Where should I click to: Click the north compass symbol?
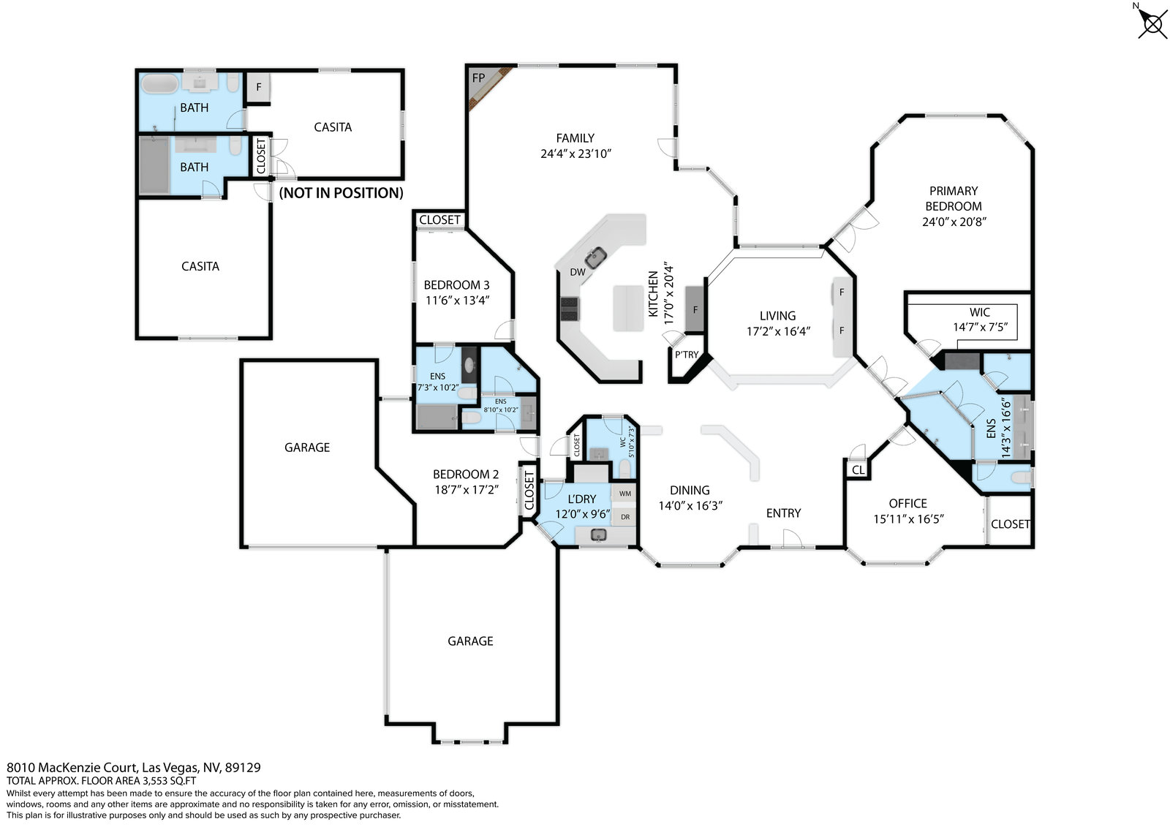[x=1152, y=23]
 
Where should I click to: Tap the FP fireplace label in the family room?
[x=478, y=78]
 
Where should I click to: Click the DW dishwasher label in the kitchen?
[x=577, y=272]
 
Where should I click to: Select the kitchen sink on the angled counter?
[x=595, y=257]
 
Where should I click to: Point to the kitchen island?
[x=628, y=308]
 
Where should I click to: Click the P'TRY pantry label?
[x=687, y=354]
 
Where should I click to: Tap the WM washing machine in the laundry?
[x=624, y=493]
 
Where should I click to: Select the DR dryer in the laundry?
[x=624, y=517]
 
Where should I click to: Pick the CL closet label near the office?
[x=858, y=469]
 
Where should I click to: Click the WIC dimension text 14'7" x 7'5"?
[x=980, y=327]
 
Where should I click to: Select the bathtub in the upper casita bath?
[x=160, y=84]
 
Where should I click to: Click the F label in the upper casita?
[x=259, y=87]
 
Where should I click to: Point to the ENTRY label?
[x=783, y=513]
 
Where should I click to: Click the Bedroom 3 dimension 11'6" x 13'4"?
[x=457, y=301]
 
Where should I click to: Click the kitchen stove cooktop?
[x=570, y=309]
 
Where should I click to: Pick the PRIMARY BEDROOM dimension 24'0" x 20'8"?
[x=954, y=222]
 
